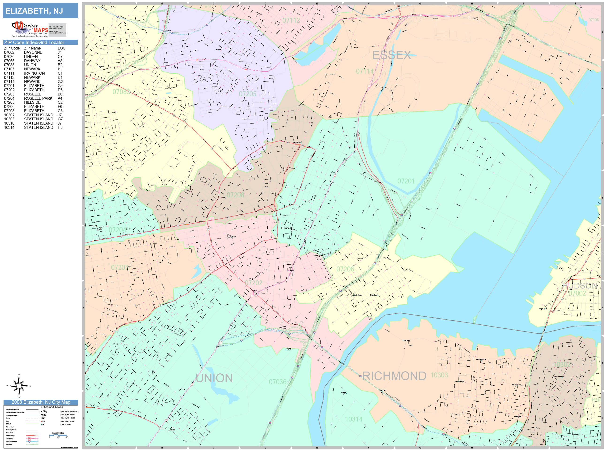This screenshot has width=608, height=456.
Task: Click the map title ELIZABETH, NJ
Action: [34, 11]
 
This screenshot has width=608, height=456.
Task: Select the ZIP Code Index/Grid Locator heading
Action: [34, 42]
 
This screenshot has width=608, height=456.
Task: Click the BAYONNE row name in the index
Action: [33, 52]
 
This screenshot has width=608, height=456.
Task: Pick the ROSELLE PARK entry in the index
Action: [38, 98]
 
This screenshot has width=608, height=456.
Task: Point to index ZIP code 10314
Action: [9, 127]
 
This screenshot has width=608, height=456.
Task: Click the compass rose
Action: [19, 386]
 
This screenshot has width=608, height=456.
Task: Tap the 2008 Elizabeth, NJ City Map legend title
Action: [41, 402]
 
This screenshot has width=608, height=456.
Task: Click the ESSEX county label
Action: [391, 55]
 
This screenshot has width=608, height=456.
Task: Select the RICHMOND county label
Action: [394, 376]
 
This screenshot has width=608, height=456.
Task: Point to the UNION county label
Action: [214, 378]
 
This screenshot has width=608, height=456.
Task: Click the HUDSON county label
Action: [579, 286]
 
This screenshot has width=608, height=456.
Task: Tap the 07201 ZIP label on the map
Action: [406, 181]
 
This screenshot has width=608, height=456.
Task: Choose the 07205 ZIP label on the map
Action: [247, 94]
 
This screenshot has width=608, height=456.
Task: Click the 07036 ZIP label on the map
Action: [277, 382]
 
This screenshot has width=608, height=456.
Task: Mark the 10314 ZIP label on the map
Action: [353, 419]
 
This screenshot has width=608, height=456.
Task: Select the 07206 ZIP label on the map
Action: [345, 269]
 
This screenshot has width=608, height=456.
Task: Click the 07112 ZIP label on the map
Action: [291, 20]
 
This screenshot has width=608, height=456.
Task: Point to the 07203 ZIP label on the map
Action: [120, 267]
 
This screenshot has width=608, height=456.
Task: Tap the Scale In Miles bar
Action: [58, 435]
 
